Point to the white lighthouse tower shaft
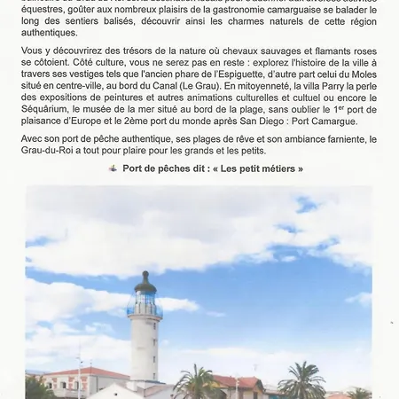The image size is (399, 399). tap(145, 350)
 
